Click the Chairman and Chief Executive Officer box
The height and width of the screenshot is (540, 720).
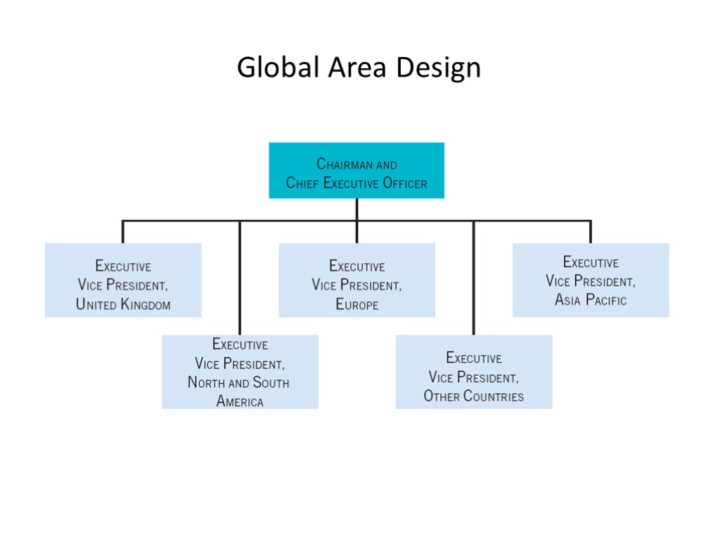356,170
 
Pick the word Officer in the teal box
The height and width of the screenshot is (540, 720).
404,184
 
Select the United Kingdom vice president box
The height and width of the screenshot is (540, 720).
123,280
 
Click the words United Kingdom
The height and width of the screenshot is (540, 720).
123,305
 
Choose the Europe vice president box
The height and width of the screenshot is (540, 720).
356,280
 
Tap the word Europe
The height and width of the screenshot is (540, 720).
356,305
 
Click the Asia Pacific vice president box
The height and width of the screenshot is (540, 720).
591,280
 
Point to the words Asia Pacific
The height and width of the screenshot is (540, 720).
591,300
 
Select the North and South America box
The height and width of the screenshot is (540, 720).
240,371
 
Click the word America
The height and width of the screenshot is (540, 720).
240,402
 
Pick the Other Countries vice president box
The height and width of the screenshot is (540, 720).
474,371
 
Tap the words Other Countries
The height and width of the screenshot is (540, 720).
474,397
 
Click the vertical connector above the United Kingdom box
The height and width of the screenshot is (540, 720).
123,232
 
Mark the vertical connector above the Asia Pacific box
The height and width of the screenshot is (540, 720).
591,232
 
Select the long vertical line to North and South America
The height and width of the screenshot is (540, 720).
240,281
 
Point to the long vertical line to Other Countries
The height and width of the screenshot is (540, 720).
474,281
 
